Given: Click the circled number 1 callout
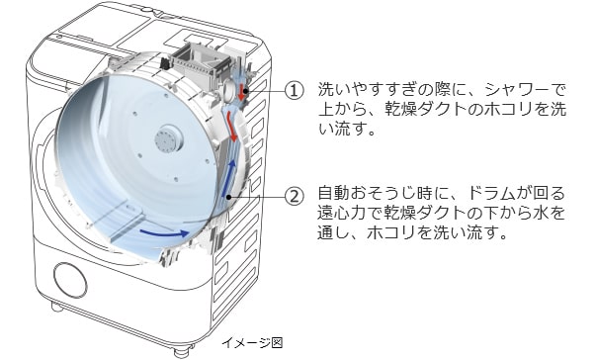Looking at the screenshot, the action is [295, 91].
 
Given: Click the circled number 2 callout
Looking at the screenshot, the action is [295, 197].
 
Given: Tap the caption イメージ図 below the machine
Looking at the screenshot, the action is [252, 342].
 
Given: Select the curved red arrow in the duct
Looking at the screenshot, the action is [231, 128].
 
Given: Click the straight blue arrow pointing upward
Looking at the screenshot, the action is [229, 178].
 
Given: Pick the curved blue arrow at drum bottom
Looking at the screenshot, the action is [164, 232].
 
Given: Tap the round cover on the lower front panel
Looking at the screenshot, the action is [70, 280].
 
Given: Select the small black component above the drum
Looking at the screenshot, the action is [164, 62].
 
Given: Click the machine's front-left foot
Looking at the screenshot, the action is [57, 306].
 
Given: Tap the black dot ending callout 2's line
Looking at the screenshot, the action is [229, 197].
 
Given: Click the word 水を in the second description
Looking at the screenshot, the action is [550, 213].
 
